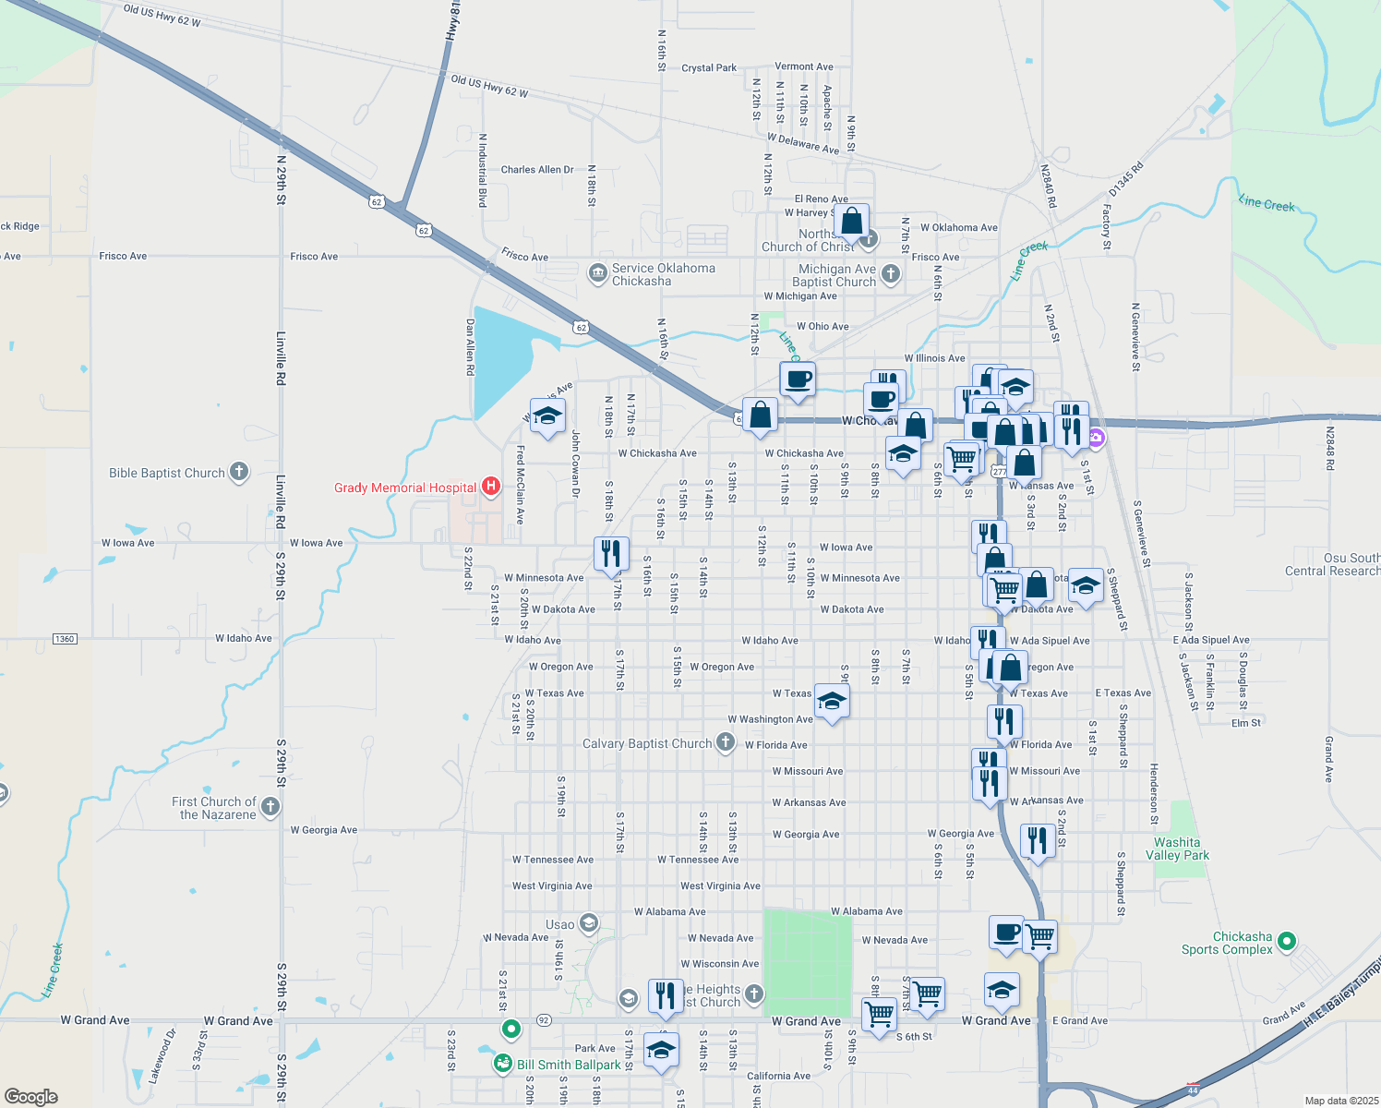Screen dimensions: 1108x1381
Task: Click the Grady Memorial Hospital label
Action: (x=405, y=488)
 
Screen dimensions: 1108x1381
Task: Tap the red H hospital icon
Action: (x=491, y=486)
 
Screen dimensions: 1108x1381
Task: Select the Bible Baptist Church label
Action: (x=167, y=473)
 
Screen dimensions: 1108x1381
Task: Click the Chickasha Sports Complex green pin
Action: (x=1287, y=942)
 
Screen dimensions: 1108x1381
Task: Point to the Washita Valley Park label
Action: (x=1177, y=849)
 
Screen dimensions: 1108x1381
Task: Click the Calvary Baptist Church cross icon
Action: (x=726, y=742)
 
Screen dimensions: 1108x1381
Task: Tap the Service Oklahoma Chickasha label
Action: (x=663, y=274)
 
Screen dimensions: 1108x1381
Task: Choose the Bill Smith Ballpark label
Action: (x=569, y=1065)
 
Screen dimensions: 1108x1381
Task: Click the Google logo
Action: (x=30, y=1096)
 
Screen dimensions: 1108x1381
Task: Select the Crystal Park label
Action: (x=709, y=67)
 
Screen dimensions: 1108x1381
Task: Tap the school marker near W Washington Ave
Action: (x=832, y=703)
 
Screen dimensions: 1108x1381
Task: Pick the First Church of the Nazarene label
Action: (x=214, y=808)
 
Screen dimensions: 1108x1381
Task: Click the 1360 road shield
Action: (x=65, y=639)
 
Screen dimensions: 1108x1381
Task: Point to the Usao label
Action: (x=559, y=924)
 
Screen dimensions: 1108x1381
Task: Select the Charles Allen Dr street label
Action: (x=537, y=170)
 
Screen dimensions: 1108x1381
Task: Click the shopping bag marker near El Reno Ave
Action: (x=851, y=222)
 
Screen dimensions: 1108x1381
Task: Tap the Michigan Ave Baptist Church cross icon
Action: (x=891, y=273)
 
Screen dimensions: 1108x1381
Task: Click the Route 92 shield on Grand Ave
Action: (x=544, y=1020)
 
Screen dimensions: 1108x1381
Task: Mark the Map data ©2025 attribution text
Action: (x=1340, y=1101)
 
